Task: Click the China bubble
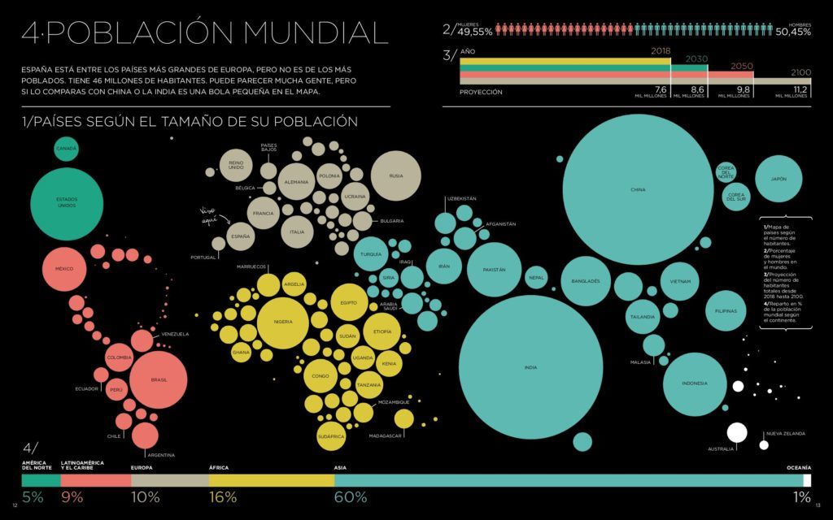point(638,190)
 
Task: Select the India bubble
point(530,367)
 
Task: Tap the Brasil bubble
point(159,380)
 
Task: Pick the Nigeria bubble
point(283,322)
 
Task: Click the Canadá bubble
point(67,149)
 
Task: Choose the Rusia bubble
point(396,175)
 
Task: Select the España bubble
point(241,236)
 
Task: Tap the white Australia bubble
point(737,432)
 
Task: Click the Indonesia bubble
point(694,383)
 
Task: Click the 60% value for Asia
point(351,497)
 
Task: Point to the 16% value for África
point(223,497)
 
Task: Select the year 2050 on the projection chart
point(741,66)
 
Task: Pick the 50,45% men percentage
point(792,32)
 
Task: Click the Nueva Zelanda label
point(785,434)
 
